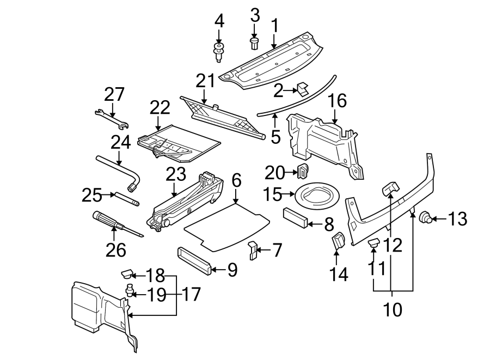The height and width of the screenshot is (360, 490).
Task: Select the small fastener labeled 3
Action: pos(254,42)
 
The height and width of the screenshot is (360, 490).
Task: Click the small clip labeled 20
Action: pos(303,171)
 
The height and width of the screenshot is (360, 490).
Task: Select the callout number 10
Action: pos(393,309)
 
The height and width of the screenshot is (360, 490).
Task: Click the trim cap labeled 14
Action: pos(338,241)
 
